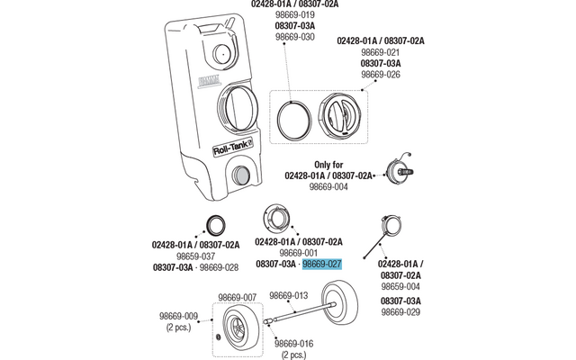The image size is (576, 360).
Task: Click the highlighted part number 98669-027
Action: (322, 265)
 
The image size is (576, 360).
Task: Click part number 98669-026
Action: (381, 76)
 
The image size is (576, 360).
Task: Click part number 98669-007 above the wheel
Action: (238, 296)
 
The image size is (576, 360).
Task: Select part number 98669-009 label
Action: (178, 316)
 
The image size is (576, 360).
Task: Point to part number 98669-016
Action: (293, 344)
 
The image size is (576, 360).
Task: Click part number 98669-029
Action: (400, 311)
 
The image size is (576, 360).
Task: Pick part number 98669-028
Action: (219, 268)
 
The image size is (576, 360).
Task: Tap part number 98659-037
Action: (196, 256)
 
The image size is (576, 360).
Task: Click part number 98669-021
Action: (381, 52)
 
